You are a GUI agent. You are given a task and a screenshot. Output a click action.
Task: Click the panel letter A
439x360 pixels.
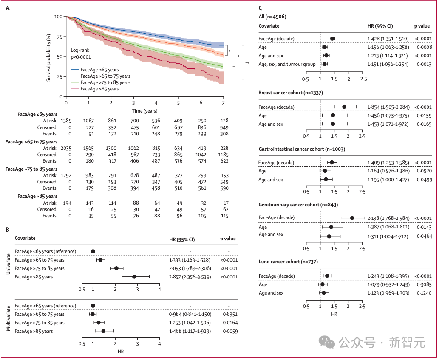click(x=8, y=8)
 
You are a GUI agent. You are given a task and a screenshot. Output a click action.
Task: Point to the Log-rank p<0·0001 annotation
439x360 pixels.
click(x=81, y=53)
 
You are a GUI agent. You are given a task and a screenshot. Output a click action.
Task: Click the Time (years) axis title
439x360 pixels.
click(x=145, y=111)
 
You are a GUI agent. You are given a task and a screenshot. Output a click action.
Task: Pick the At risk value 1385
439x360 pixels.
click(x=66, y=121)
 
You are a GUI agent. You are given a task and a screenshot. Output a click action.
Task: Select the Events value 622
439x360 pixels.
click(x=224, y=161)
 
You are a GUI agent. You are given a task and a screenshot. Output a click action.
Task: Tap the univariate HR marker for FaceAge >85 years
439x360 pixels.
click(x=134, y=277)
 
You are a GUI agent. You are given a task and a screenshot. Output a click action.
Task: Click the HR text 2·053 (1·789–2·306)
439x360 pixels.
click(x=190, y=269)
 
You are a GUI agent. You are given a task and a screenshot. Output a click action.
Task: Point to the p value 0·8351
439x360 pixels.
click(x=230, y=315)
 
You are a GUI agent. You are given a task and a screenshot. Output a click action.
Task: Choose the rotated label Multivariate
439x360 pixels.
click(x=8, y=318)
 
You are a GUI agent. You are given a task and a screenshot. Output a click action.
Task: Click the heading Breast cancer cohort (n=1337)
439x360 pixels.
click(x=291, y=93)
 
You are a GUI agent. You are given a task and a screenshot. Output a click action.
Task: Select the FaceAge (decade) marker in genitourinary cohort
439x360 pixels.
click(x=352, y=218)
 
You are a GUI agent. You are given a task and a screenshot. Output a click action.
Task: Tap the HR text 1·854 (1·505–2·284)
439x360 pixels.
click(x=388, y=107)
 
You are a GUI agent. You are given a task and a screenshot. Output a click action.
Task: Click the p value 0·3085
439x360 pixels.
click(x=424, y=285)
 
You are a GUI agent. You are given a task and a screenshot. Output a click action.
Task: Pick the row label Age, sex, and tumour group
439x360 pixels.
click(x=287, y=65)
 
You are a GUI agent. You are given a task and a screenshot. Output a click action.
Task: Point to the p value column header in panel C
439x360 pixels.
click(x=422, y=26)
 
